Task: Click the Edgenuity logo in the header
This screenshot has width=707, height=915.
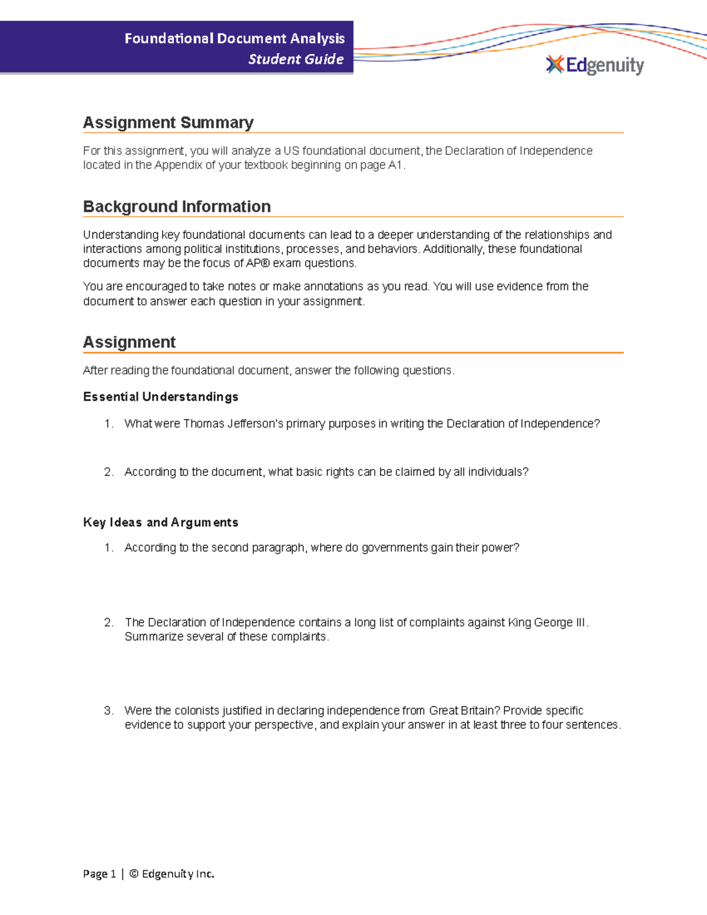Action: [595, 65]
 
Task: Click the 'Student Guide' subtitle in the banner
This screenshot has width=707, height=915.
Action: [296, 59]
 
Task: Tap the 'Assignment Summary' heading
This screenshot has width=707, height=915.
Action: [168, 123]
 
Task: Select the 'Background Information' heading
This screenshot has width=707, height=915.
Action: [177, 207]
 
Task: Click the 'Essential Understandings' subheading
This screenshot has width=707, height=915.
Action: [161, 397]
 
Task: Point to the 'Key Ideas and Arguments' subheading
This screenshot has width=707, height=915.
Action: [161, 522]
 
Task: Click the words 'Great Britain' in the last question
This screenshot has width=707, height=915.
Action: [461, 711]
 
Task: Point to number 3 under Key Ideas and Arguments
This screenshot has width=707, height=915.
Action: [108, 711]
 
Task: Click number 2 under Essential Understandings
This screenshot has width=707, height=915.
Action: [108, 472]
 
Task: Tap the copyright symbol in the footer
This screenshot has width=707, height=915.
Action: [134, 874]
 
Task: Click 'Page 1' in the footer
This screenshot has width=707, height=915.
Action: [99, 874]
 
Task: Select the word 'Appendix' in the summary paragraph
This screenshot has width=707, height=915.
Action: [178, 166]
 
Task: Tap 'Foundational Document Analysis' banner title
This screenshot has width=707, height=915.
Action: [234, 39]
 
